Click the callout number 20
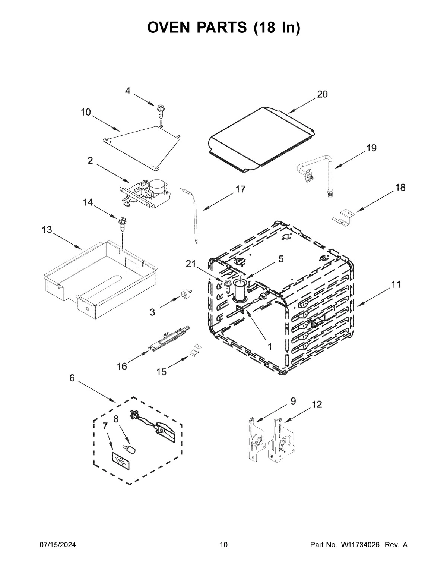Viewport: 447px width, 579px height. (322, 94)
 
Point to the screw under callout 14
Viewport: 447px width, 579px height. (122, 225)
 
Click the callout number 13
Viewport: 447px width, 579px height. (47, 230)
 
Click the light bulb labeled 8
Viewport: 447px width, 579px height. (131, 449)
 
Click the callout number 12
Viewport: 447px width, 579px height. (317, 404)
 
